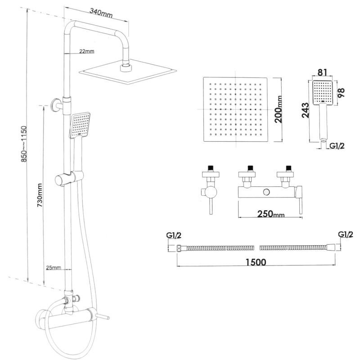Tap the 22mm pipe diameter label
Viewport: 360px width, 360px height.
click(x=86, y=51)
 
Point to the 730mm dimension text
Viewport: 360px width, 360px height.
click(x=40, y=193)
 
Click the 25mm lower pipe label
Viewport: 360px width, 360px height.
click(x=53, y=268)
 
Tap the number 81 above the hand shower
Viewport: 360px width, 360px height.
click(x=322, y=72)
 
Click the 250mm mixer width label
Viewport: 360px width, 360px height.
click(x=271, y=213)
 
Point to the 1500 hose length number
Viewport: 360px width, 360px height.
click(x=255, y=262)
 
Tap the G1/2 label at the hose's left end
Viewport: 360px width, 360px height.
click(x=174, y=235)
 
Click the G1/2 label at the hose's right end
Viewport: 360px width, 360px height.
click(x=345, y=234)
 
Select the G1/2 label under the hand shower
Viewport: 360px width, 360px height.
click(x=337, y=145)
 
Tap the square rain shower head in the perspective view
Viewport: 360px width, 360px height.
click(x=127, y=71)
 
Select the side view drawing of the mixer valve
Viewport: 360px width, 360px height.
click(x=208, y=189)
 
